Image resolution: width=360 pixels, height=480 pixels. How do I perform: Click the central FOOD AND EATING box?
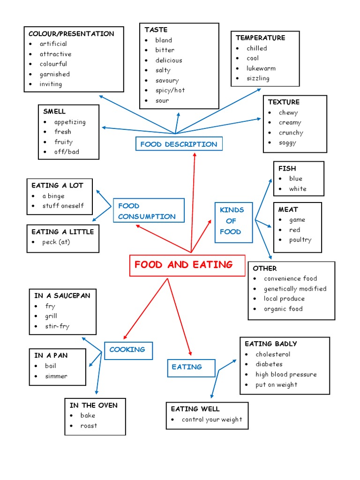(187, 265)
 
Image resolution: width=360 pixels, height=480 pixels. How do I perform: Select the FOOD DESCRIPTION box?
(179, 144)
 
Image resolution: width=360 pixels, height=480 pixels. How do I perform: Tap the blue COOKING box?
(127, 350)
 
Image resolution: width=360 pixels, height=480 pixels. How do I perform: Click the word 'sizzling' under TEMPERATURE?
(258, 78)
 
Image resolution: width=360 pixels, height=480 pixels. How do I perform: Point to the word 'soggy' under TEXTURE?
(287, 142)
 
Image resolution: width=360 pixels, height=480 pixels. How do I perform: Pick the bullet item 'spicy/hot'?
(170, 90)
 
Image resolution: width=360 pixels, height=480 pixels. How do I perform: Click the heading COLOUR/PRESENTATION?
(71, 34)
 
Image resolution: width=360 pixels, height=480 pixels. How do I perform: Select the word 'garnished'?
(54, 74)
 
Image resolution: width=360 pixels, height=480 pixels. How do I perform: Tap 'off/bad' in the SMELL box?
(67, 152)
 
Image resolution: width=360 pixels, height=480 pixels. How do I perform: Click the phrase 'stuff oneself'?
(63, 206)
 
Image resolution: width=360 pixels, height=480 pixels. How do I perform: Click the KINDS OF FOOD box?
(231, 221)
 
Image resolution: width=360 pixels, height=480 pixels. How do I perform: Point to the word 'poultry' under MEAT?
(300, 240)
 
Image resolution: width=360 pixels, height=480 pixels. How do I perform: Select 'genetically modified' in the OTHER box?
(295, 289)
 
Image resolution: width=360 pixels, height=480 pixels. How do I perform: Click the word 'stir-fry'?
(57, 326)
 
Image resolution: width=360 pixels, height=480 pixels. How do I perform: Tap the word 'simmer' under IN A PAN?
(56, 376)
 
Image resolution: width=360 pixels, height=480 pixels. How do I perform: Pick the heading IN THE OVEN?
(94, 405)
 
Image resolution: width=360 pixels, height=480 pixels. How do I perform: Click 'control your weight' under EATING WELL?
(212, 420)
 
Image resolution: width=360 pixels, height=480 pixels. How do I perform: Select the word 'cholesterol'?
(273, 354)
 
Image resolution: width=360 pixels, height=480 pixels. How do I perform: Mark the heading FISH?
(287, 168)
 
